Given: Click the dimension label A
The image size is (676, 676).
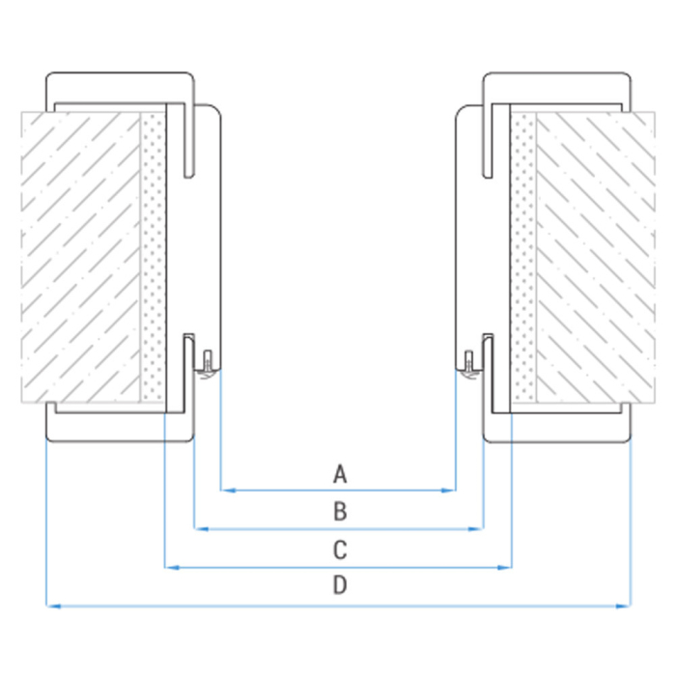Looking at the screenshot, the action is click(x=339, y=473).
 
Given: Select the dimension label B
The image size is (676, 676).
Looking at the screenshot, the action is click(x=339, y=512).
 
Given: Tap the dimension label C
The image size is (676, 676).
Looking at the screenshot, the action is click(x=339, y=550).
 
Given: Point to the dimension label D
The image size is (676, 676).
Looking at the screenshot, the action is click(x=339, y=585).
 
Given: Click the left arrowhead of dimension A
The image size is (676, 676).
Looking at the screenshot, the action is click(x=227, y=491).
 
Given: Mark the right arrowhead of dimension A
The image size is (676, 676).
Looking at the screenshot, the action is click(x=450, y=491).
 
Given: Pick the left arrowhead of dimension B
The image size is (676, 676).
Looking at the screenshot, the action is click(x=200, y=529).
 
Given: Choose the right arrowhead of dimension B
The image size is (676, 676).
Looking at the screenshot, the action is click(x=477, y=529).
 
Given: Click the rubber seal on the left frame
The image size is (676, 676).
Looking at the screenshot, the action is click(x=207, y=367).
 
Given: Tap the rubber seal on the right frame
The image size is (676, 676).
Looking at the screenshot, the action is click(x=469, y=367).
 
